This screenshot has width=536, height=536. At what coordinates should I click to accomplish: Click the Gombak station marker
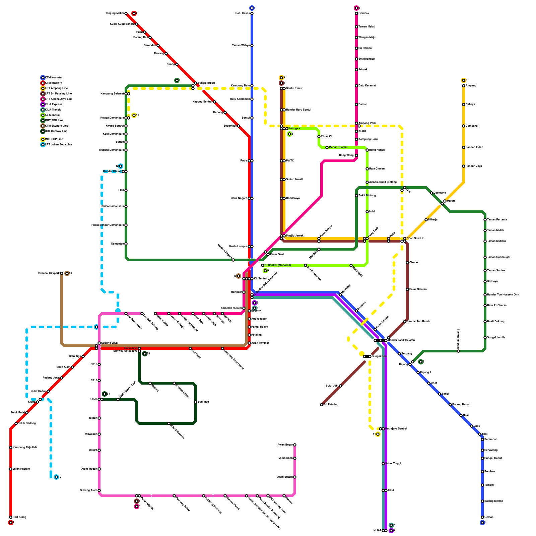pos(356,13)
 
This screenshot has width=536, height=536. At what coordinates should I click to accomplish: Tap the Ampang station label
pos(471,86)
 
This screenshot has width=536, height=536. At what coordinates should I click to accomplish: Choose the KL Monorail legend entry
pos(53,115)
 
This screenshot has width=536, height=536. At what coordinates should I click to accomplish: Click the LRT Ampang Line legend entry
pos(56,88)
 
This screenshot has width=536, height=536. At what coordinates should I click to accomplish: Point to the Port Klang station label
pos(19,517)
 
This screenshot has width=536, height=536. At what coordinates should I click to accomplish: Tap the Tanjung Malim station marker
pos(126,13)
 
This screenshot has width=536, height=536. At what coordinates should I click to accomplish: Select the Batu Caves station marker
pos(252,13)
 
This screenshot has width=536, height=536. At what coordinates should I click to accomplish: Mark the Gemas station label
pos(489,517)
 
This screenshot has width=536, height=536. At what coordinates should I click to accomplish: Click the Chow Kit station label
pos(327,137)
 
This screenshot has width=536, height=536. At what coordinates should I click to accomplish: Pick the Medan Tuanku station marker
pos(327,147)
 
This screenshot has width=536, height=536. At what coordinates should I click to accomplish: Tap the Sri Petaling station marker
pos(322,405)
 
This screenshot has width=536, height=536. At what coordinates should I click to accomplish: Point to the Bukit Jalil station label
pos(332,386)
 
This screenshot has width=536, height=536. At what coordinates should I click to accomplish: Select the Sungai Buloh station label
pos(206,83)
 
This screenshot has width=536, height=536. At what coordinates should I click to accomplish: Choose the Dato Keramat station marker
pos(356,86)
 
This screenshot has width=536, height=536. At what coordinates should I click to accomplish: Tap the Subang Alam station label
pos(88,490)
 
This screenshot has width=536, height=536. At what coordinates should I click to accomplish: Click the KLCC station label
pos(362,131)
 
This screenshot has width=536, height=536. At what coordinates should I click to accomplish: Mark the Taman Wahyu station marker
pos(252,46)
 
